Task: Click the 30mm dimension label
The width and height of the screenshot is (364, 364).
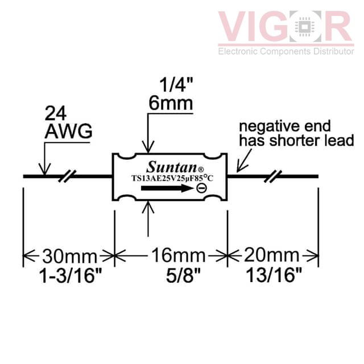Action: tap(69, 257)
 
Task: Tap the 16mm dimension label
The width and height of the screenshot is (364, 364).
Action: tap(178, 255)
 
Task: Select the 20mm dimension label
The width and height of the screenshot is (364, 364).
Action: tap(272, 255)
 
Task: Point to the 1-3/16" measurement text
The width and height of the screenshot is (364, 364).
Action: tap(71, 275)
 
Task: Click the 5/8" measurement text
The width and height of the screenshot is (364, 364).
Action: tap(183, 275)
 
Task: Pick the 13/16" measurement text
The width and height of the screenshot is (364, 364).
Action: tap(274, 275)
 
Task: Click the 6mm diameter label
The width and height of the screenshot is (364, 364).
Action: tap(171, 104)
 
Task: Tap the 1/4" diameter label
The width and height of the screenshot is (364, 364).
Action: tap(176, 85)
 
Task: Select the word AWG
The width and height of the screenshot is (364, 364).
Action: tap(68, 131)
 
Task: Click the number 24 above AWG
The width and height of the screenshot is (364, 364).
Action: tap(56, 113)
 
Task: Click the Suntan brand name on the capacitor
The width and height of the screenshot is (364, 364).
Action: tap(172, 167)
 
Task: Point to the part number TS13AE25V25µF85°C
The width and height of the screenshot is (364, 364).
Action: tap(172, 178)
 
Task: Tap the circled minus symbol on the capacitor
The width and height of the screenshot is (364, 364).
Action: tap(201, 188)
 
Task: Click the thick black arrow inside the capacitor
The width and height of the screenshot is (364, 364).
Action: tap(167, 188)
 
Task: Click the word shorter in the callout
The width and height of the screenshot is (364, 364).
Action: tap(297, 140)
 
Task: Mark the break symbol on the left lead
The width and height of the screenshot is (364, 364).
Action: tap(67, 176)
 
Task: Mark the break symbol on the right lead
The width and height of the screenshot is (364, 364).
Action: tap(273, 176)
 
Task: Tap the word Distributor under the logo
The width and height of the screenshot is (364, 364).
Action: tap(334, 51)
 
